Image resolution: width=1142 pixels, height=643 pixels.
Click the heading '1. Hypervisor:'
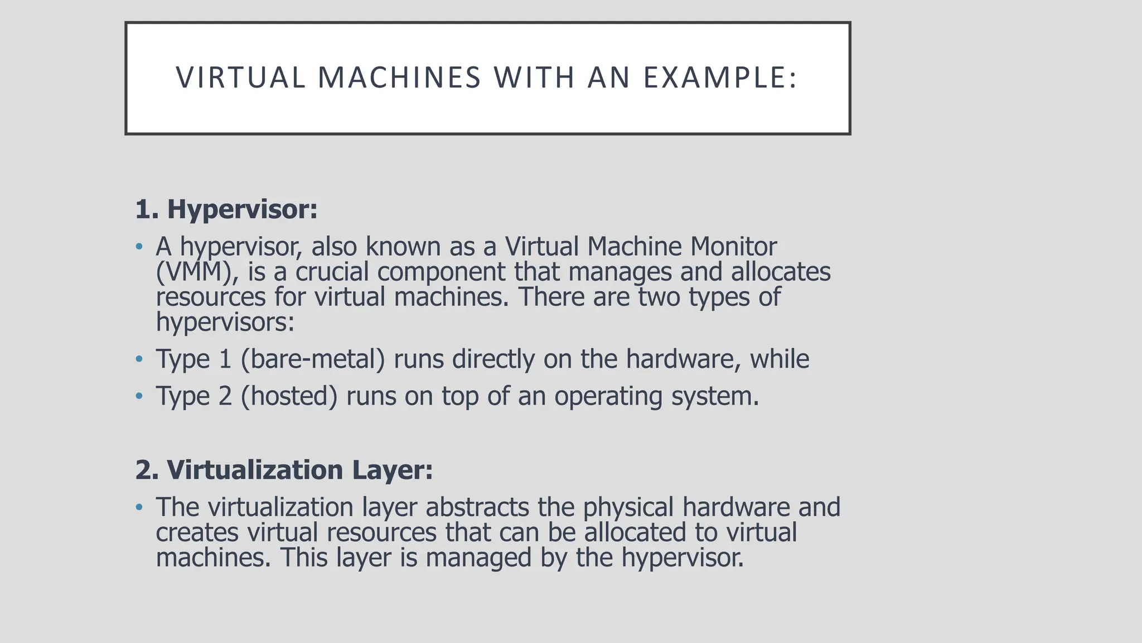tap(226, 209)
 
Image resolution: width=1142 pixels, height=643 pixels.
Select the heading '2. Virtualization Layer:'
tap(284, 470)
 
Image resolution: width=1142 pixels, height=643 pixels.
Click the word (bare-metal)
tap(313, 359)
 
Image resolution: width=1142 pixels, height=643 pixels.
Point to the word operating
tap(608, 396)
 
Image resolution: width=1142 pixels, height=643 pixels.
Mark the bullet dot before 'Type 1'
tap(139, 359)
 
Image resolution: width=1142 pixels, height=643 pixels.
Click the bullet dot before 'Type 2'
tap(139, 396)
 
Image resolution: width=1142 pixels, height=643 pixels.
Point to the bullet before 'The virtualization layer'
tap(139, 507)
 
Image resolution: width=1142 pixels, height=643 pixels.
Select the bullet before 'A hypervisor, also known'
tap(139, 246)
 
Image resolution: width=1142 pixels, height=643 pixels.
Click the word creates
tap(197, 532)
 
